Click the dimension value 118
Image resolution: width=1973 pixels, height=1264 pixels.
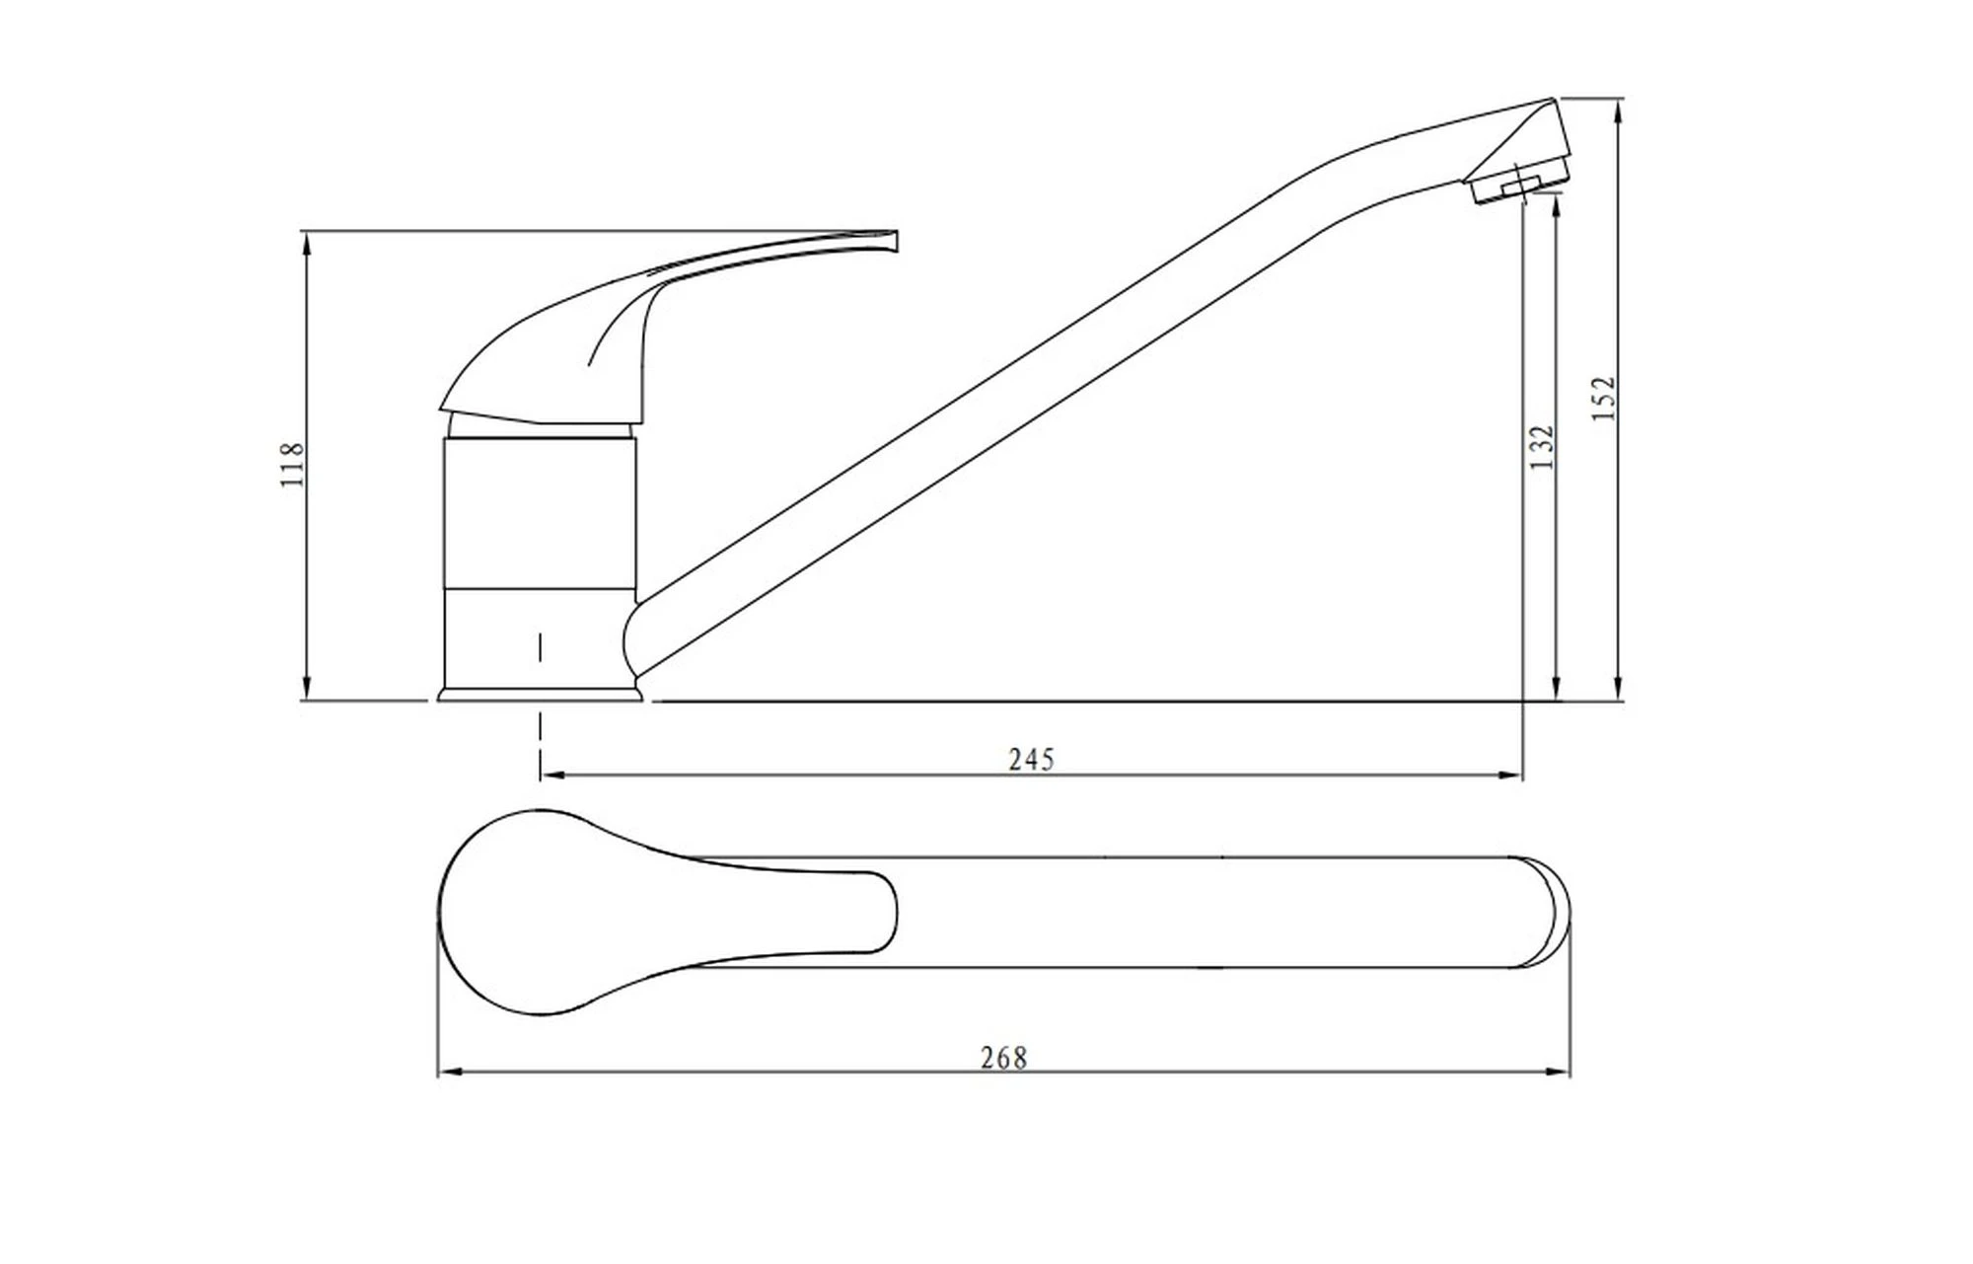293,465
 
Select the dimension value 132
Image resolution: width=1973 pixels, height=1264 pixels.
1542,446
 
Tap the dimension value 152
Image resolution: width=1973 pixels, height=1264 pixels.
1605,398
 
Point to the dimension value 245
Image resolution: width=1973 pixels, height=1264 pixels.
1032,759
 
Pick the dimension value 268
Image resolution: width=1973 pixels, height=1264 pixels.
1004,1058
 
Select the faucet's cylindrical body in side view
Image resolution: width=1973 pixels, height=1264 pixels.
539,562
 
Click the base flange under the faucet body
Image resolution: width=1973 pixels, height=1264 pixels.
540,695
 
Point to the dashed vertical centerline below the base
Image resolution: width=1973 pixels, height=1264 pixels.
541,706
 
